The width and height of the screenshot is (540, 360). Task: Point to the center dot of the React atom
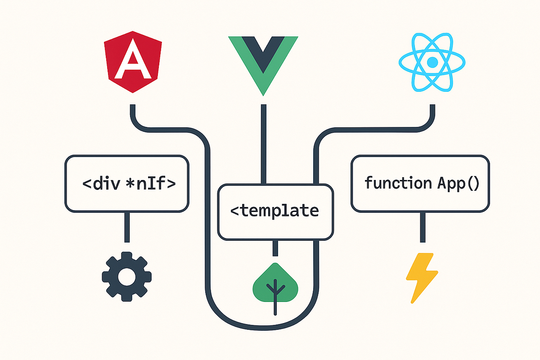pyautogui.click(x=432, y=62)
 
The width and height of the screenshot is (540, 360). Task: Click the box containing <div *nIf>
pyautogui.click(x=127, y=184)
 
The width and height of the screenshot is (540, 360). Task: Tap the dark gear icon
pyautogui.click(x=127, y=274)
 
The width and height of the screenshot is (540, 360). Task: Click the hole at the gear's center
pyautogui.click(x=127, y=275)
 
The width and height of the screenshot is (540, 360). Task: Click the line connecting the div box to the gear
pyautogui.click(x=127, y=227)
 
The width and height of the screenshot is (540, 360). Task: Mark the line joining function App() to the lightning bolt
pyautogui.click(x=422, y=227)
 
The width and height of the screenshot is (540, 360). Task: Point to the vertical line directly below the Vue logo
pyautogui.click(x=263, y=144)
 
